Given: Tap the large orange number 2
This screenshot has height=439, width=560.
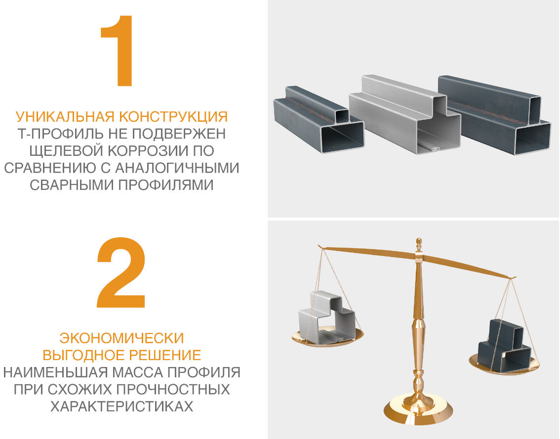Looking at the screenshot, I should tap(121, 273).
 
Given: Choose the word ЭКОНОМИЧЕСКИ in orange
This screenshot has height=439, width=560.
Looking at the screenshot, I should tap(121, 338).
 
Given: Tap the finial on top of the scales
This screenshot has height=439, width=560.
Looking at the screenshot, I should tap(419, 244).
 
